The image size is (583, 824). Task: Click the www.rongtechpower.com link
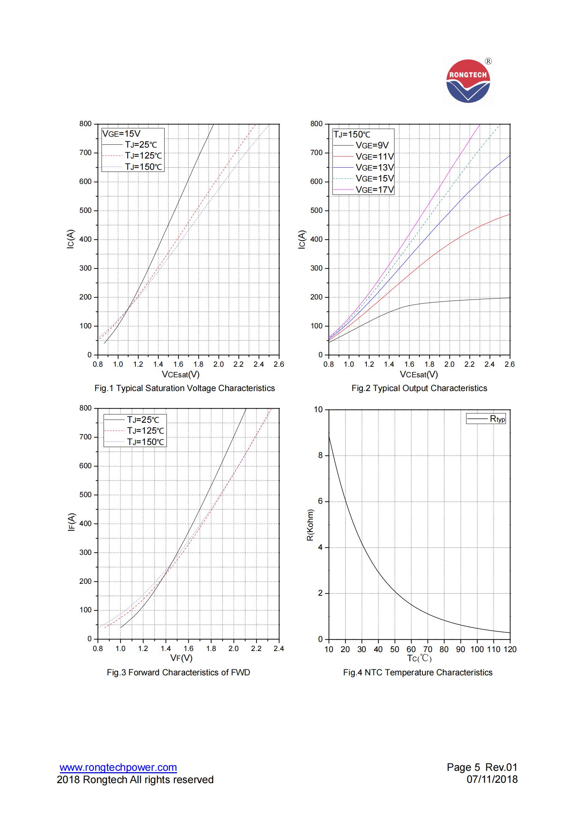118,768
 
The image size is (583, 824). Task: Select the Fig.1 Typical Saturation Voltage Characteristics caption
185,388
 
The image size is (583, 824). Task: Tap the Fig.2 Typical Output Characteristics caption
419,388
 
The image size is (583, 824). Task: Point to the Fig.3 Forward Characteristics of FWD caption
178,672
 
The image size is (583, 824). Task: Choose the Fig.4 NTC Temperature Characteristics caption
418,672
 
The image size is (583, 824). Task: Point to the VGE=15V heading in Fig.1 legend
121,134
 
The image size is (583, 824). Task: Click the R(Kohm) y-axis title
311,525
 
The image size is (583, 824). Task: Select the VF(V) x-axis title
181,658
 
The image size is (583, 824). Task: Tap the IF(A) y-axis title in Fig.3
72,522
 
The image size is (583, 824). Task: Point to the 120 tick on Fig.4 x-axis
510,649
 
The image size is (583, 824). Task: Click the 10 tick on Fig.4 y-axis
318,409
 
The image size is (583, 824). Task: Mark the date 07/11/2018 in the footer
492,779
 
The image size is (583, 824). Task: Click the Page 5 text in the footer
463,767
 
